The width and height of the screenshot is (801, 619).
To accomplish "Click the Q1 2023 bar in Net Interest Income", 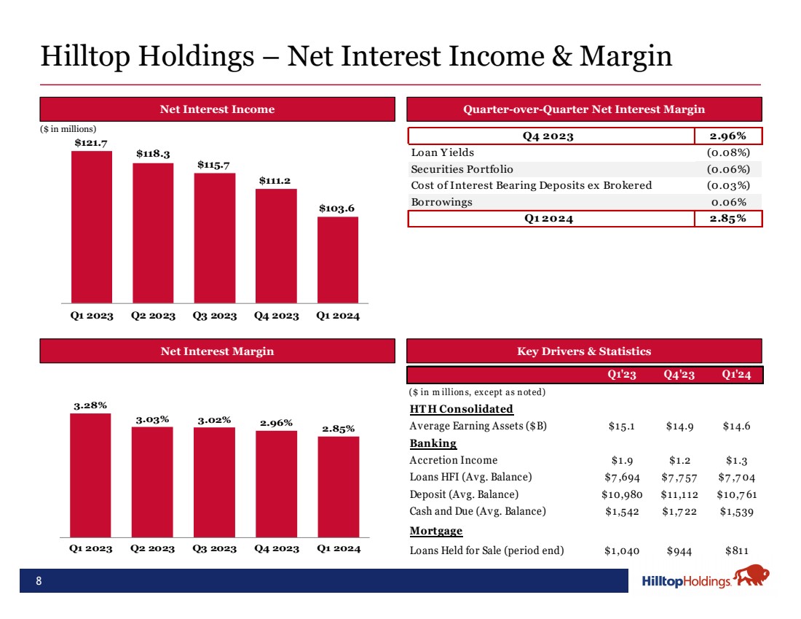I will tap(91, 226).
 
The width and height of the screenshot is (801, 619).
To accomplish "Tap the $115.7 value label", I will tap(214, 165).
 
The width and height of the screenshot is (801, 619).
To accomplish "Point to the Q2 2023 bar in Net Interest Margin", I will tap(152, 482).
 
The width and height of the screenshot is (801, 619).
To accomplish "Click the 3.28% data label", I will tap(90, 405).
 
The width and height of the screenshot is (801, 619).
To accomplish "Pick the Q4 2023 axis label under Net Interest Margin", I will tap(276, 549).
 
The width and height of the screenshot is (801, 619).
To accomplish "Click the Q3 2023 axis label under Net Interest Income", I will tap(214, 316).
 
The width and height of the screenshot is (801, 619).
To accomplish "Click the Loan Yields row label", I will tap(443, 152).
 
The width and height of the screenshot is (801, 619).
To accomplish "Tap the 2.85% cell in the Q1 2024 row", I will tap(727, 219).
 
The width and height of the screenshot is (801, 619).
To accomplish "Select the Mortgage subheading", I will tap(436, 531).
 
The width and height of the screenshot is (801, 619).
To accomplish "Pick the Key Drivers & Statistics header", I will tap(583, 351).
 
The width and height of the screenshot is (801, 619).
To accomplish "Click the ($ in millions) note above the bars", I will tap(68, 129).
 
